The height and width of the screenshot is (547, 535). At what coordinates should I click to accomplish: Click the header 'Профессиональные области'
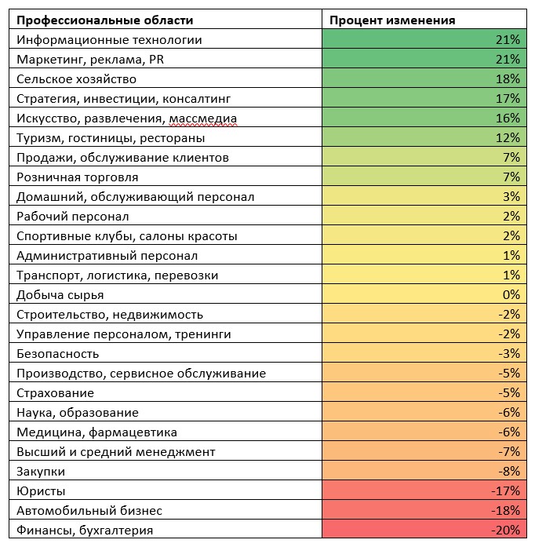pyautogui.click(x=104, y=20)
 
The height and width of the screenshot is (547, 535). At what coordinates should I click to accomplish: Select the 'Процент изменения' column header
pyautogui.click(x=392, y=20)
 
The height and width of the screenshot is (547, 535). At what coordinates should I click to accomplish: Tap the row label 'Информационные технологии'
pyautogui.click(x=109, y=40)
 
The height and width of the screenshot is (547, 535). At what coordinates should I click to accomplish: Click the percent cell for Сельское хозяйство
pyautogui.click(x=424, y=78)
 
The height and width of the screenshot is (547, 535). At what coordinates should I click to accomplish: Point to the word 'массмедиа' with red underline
pyautogui.click(x=203, y=119)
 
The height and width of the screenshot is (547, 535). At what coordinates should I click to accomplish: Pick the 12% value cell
pyautogui.click(x=424, y=137)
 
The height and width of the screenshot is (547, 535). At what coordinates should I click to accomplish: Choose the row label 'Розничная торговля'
pyautogui.click(x=78, y=177)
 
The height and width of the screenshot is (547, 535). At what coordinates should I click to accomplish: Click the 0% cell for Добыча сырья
pyautogui.click(x=424, y=294)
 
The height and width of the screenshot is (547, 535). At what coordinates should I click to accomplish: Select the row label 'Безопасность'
pyautogui.click(x=57, y=354)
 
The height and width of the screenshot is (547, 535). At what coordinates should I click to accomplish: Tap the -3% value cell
pyautogui.click(x=424, y=352)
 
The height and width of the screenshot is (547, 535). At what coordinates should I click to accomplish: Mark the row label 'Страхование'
pyautogui.click(x=55, y=393)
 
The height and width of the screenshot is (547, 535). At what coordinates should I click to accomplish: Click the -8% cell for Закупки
pyautogui.click(x=424, y=470)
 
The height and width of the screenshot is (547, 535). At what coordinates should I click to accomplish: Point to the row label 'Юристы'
pyautogui.click(x=41, y=491)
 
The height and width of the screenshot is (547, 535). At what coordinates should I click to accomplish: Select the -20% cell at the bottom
pyautogui.click(x=424, y=529)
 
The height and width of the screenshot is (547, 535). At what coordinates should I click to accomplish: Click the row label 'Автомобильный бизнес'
pyautogui.click(x=89, y=511)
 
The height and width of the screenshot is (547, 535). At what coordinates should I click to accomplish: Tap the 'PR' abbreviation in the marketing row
pyautogui.click(x=156, y=60)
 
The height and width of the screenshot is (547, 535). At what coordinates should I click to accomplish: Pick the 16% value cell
pyautogui.click(x=424, y=117)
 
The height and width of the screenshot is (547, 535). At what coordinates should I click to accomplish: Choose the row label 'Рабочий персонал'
pyautogui.click(x=72, y=217)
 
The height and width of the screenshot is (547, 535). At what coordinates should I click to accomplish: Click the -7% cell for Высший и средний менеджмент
pyautogui.click(x=424, y=450)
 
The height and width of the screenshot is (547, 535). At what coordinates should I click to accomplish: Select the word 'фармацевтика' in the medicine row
pyautogui.click(x=133, y=432)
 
